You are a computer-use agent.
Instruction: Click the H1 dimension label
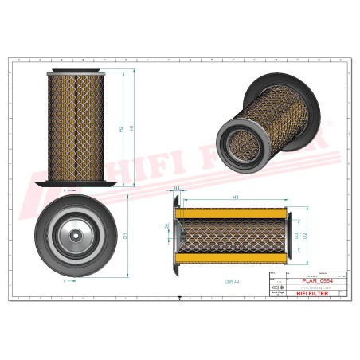[132, 126]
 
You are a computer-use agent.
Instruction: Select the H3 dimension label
[235, 197]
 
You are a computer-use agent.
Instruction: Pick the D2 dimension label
[305, 236]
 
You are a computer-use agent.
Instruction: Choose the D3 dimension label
[295, 236]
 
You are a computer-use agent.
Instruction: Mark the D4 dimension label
[166, 227]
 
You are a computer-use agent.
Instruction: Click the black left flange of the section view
[175, 236]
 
